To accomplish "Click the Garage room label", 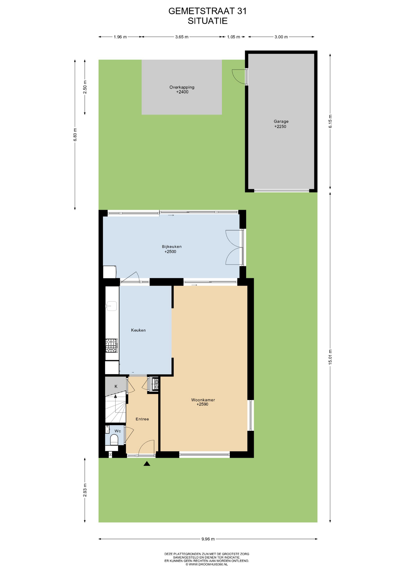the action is (x=281, y=121).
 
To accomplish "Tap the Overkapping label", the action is (x=182, y=87).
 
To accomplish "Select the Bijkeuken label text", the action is (x=172, y=247).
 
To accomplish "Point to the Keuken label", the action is (x=138, y=330).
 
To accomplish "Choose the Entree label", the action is (x=142, y=419).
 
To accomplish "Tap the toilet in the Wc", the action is (x=114, y=440).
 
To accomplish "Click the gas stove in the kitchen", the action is (x=112, y=346).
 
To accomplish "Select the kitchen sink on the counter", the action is (x=112, y=306).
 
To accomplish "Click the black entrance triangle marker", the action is (x=147, y=463).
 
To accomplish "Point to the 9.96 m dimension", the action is (x=208, y=539).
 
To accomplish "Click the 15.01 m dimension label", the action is (x=330, y=357).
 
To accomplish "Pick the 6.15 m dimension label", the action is (x=330, y=121).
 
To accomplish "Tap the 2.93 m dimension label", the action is (x=85, y=490).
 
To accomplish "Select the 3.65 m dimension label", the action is (x=182, y=37).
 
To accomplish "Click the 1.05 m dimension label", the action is (x=234, y=37).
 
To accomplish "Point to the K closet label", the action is (x=116, y=386).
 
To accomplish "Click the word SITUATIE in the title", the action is (x=208, y=21).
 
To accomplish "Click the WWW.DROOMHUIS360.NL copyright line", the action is (x=207, y=564).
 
